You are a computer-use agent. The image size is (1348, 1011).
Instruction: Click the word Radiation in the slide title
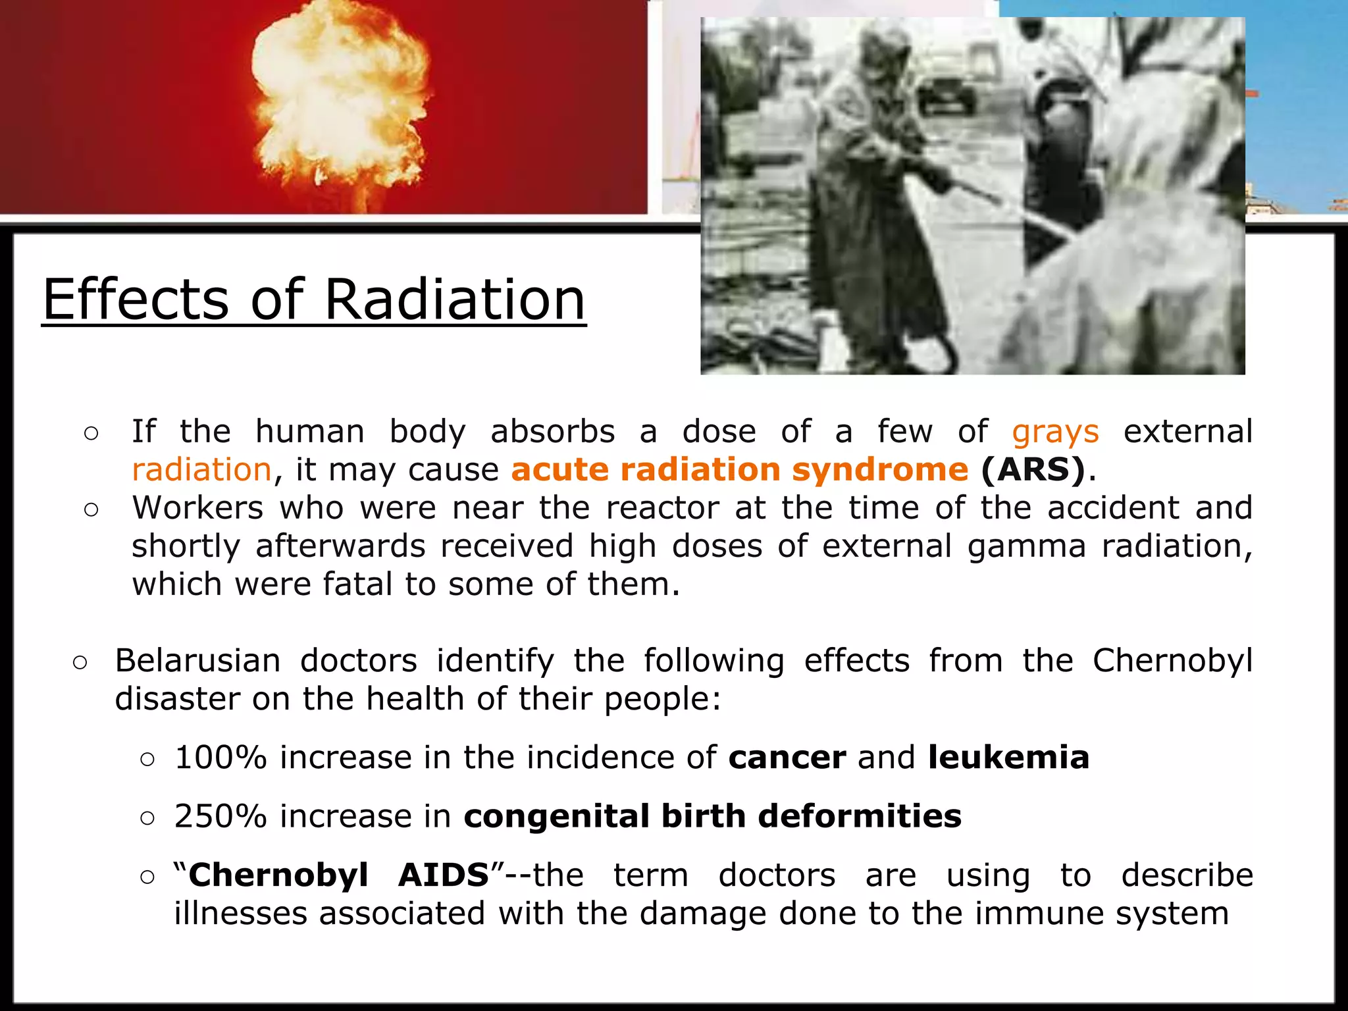pyautogui.click(x=454, y=299)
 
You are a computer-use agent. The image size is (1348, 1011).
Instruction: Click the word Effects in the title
pyautogui.click(x=136, y=299)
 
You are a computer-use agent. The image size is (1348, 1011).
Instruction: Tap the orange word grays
pyautogui.click(x=1055, y=432)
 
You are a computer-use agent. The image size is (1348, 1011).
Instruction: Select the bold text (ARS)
pyautogui.click(x=1032, y=470)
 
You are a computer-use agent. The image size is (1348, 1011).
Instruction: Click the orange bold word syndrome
pyautogui.click(x=880, y=470)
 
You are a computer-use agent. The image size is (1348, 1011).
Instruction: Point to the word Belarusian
pyautogui.click(x=197, y=660)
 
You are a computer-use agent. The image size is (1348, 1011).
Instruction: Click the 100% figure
pyautogui.click(x=220, y=757)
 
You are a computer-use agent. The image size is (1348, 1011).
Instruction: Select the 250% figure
pyautogui.click(x=220, y=816)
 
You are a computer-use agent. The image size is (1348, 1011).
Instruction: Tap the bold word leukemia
pyautogui.click(x=1008, y=757)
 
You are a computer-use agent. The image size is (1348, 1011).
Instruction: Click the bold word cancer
pyautogui.click(x=787, y=757)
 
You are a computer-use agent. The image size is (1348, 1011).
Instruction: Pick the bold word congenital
pyautogui.click(x=557, y=816)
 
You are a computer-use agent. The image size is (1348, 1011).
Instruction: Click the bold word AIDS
pyautogui.click(x=444, y=875)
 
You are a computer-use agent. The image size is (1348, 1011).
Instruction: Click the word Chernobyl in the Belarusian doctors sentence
pyautogui.click(x=1172, y=660)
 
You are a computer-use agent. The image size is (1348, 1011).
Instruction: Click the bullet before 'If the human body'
pyautogui.click(x=91, y=433)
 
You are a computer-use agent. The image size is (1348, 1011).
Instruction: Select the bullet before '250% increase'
pyautogui.click(x=147, y=818)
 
